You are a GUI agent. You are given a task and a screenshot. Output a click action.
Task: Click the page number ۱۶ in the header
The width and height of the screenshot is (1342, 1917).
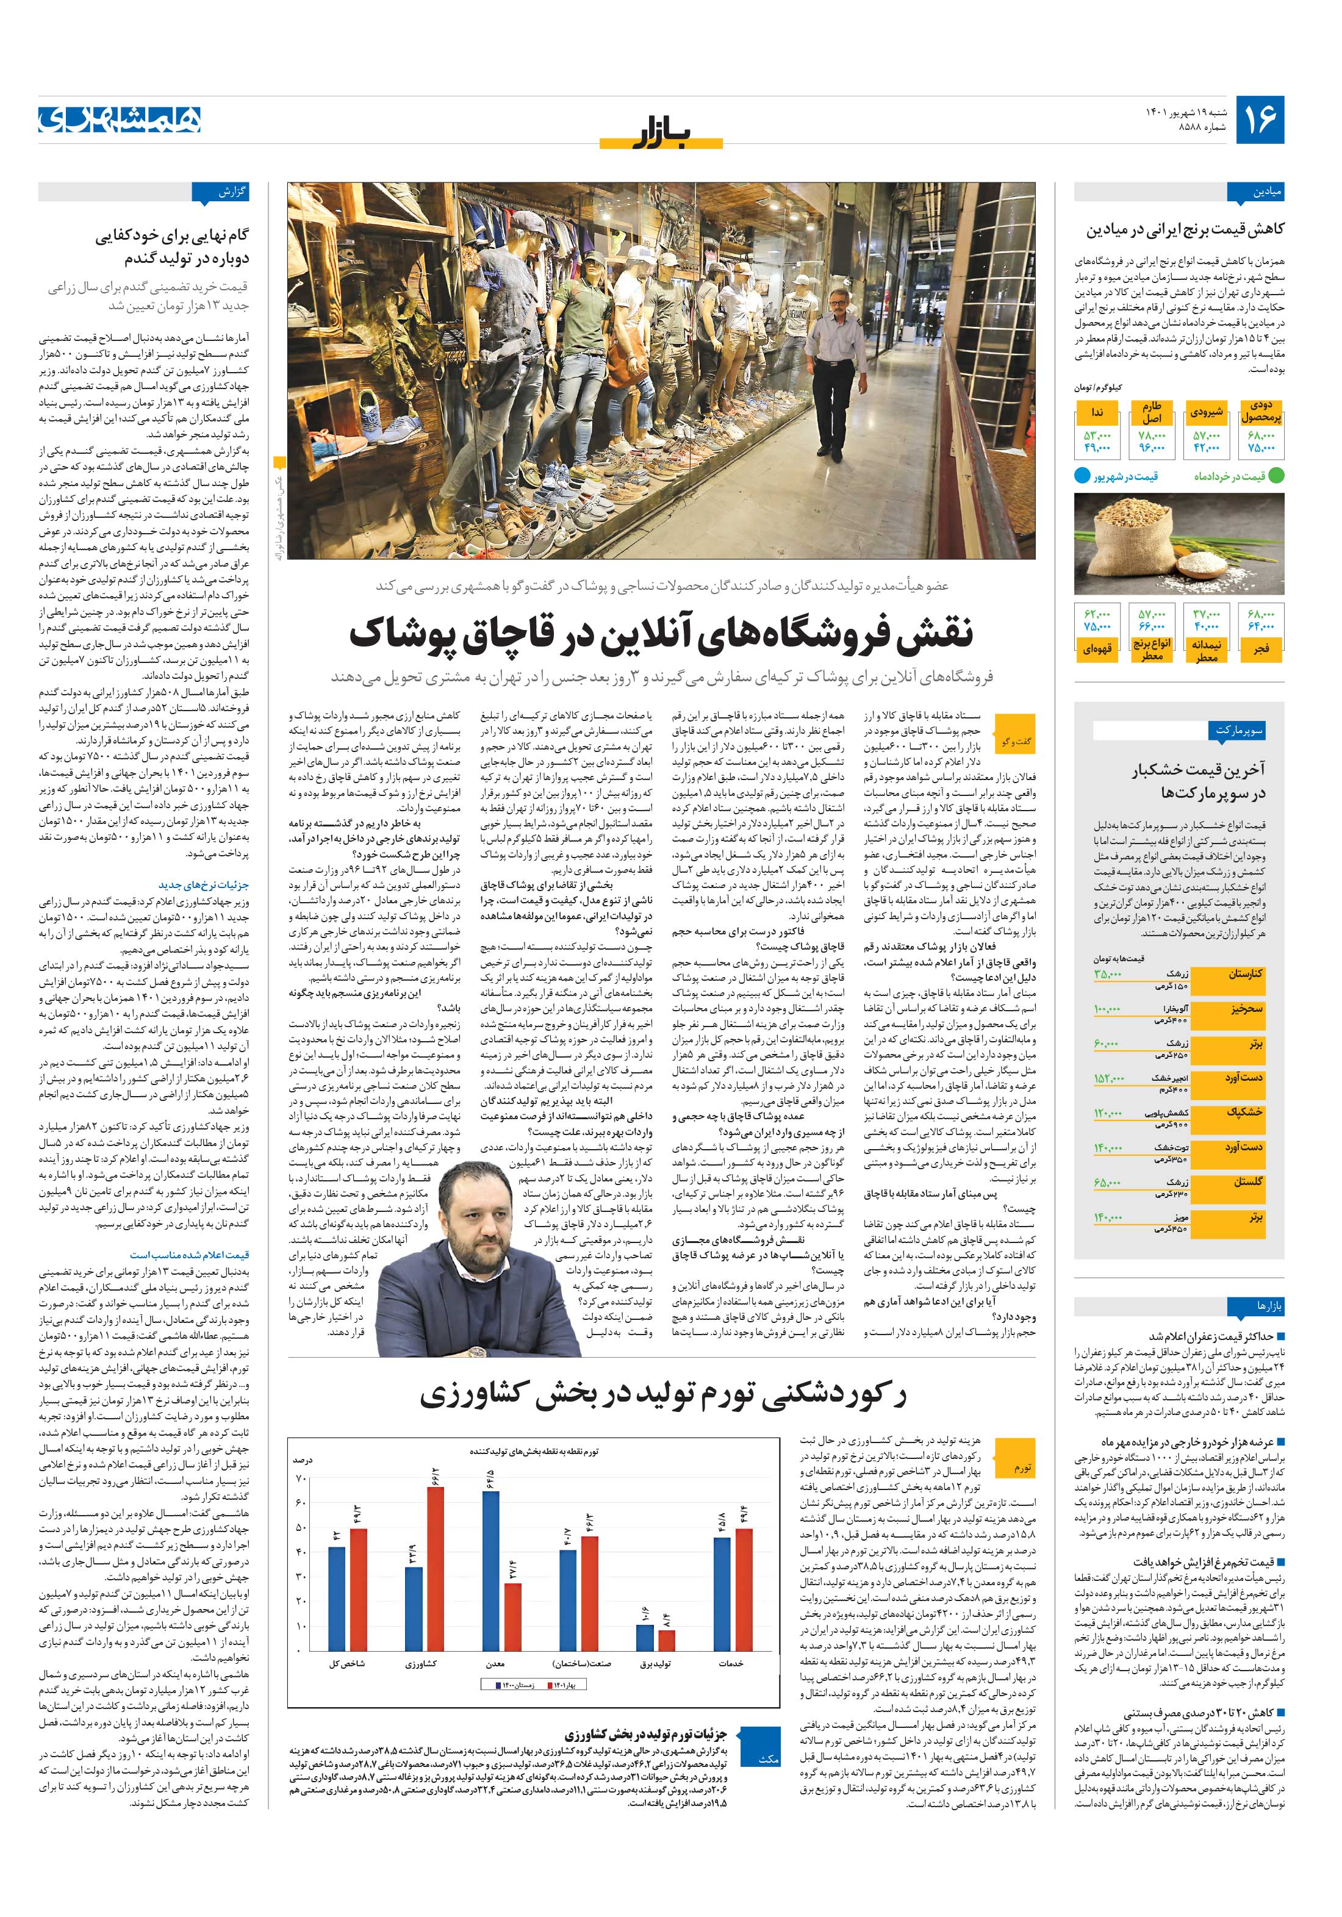click(x=1258, y=120)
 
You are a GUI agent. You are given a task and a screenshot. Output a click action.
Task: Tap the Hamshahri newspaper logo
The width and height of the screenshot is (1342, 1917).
click(x=120, y=120)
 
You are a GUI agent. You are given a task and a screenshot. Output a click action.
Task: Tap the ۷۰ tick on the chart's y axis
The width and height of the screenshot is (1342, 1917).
click(x=303, y=1478)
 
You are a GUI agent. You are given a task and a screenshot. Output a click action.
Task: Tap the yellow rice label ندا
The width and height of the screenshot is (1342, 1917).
click(x=1096, y=414)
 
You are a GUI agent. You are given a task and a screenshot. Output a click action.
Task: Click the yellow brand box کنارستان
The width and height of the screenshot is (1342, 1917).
click(x=1245, y=973)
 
